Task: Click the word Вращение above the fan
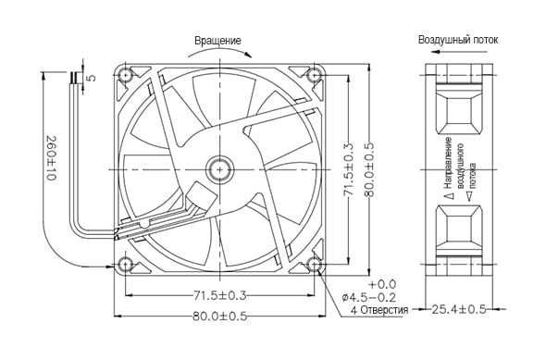tap(217, 41)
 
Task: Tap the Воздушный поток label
tap(458, 40)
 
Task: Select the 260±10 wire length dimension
tap(51, 157)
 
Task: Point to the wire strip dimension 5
tap(91, 77)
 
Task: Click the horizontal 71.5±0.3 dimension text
tap(219, 295)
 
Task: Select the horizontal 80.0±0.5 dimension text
tap(219, 317)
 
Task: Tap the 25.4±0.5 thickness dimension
tap(459, 309)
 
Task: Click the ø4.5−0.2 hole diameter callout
tap(369, 298)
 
